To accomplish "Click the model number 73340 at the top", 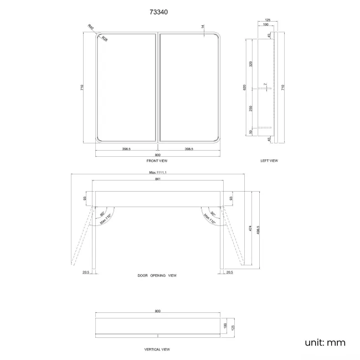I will [157, 9].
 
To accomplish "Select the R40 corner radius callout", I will [91, 27].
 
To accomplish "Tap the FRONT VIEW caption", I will [157, 161].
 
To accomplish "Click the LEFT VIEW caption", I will [269, 161].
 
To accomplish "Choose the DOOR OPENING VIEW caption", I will [157, 275].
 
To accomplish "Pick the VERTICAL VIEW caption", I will [157, 349].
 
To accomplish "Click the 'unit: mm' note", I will [325, 342].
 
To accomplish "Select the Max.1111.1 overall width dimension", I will [158, 172].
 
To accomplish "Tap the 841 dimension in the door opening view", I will [158, 179].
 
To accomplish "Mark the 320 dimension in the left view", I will [251, 64].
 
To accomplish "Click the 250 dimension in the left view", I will [251, 109].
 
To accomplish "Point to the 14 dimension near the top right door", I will [203, 27].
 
